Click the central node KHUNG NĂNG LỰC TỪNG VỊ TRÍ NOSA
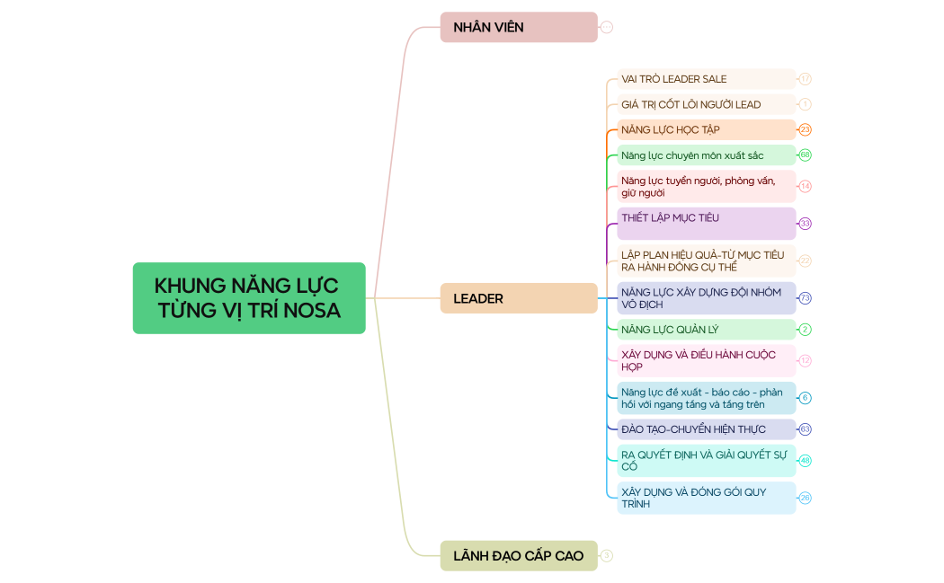click(249, 298)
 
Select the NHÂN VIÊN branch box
click(519, 27)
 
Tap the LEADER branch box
click(519, 298)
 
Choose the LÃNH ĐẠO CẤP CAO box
click(519, 556)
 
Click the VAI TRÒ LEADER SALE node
click(706, 79)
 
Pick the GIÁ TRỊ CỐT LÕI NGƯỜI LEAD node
click(706, 104)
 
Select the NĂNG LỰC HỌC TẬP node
click(706, 129)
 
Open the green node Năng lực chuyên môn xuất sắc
click(706, 155)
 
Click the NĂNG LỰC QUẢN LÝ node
click(706, 330)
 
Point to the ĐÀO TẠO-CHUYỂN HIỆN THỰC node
click(706, 429)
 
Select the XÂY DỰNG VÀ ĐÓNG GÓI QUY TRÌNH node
click(706, 498)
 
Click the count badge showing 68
click(806, 155)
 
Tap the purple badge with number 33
click(806, 223)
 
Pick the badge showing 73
click(806, 298)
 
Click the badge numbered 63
click(806, 429)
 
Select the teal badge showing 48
click(806, 460)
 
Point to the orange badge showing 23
click(806, 129)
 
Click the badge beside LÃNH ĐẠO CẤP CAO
click(607, 556)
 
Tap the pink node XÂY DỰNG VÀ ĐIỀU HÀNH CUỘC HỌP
click(706, 360)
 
